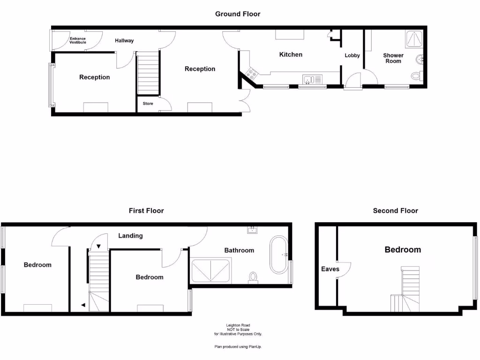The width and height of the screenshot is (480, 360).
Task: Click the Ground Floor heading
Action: coord(238,14)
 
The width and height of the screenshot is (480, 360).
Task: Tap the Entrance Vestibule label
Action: coord(78,40)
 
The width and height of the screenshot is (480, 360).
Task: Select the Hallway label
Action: coord(124,41)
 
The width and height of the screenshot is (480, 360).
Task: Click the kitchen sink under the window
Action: coord(312,79)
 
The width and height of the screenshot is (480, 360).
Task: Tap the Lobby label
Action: coord(352,55)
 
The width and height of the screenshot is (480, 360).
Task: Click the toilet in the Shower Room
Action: coord(416,76)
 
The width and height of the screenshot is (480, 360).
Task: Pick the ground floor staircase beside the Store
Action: coord(148,74)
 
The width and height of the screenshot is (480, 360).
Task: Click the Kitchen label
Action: coord(291,54)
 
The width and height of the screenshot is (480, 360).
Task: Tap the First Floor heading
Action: coord(146,211)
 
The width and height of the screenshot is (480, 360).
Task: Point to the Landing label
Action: coord(130,236)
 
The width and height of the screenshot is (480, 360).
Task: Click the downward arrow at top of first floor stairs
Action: coord(98,246)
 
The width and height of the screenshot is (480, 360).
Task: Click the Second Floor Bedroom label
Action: coord(403,250)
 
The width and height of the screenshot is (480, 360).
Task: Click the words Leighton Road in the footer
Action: coord(238,325)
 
